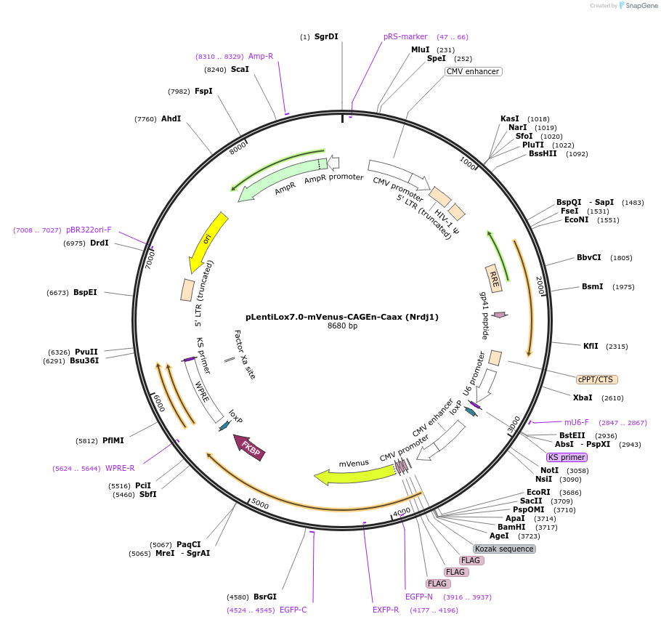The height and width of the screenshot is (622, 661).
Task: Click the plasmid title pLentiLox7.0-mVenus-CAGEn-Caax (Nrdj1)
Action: point(342,317)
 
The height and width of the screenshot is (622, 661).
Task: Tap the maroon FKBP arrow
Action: point(250,447)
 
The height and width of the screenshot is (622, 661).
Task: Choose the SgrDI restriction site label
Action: point(326,36)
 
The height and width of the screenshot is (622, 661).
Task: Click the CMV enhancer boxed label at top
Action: point(473,71)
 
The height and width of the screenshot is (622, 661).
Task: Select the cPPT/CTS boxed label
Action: point(597,379)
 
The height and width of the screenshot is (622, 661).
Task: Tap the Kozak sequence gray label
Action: point(504,549)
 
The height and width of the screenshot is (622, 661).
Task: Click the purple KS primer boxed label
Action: point(567,457)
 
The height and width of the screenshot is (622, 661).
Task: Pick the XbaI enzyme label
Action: point(583,397)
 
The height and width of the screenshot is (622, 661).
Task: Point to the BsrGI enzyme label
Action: point(265,597)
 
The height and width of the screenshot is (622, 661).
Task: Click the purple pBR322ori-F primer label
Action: point(84,230)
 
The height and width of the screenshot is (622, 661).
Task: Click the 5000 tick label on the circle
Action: point(259,504)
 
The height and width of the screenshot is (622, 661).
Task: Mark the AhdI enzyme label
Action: point(171,118)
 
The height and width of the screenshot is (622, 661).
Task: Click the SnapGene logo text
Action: point(641,5)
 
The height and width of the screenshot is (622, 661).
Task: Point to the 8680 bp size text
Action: point(342,326)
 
